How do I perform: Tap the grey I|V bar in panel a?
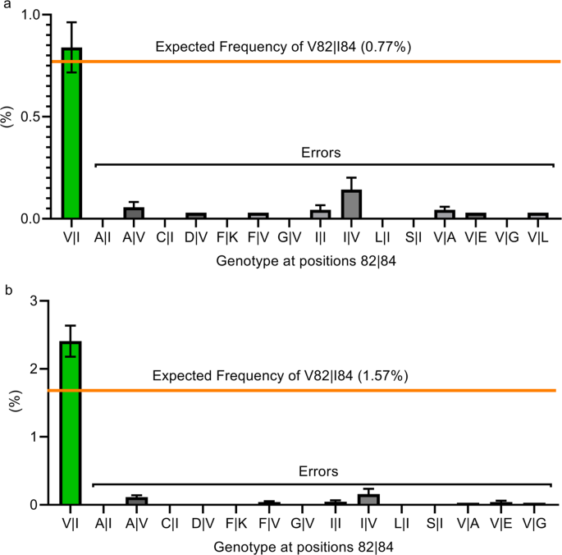click(x=351, y=204)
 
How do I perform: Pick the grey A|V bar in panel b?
click(x=136, y=501)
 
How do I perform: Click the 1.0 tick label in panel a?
click(x=29, y=16)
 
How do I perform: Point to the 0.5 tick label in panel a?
click(x=29, y=117)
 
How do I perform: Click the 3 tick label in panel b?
click(x=34, y=301)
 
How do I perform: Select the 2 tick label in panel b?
click(x=34, y=369)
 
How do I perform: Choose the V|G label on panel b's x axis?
click(x=534, y=523)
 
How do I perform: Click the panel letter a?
click(x=6, y=6)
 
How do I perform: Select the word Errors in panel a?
click(x=321, y=153)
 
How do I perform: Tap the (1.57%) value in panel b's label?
click(x=376, y=377)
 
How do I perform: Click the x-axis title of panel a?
click(x=299, y=259)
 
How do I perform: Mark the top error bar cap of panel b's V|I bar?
click(x=71, y=325)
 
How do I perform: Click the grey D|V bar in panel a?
click(x=196, y=216)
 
